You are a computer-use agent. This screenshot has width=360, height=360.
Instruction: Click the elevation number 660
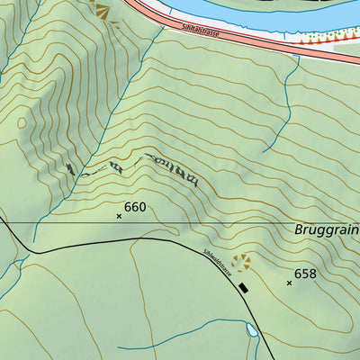tap(135, 207)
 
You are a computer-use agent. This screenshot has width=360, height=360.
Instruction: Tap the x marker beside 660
tap(119, 216)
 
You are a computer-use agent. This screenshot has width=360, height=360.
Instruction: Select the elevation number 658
tap(305, 274)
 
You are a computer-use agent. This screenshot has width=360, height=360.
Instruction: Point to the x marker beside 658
tap(289, 283)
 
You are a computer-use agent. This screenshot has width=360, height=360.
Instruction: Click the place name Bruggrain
tap(326, 229)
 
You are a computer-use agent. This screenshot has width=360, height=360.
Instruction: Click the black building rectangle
tap(243, 288)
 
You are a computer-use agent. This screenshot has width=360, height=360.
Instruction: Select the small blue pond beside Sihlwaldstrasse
tap(252, 331)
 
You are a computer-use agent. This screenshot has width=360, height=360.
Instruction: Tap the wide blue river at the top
tap(270, 11)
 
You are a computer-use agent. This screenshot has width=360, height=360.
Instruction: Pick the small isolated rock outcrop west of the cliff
tap(70, 168)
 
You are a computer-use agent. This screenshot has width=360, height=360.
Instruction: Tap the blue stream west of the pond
tap(180, 325)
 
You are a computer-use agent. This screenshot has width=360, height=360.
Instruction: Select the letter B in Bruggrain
tap(299, 229)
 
